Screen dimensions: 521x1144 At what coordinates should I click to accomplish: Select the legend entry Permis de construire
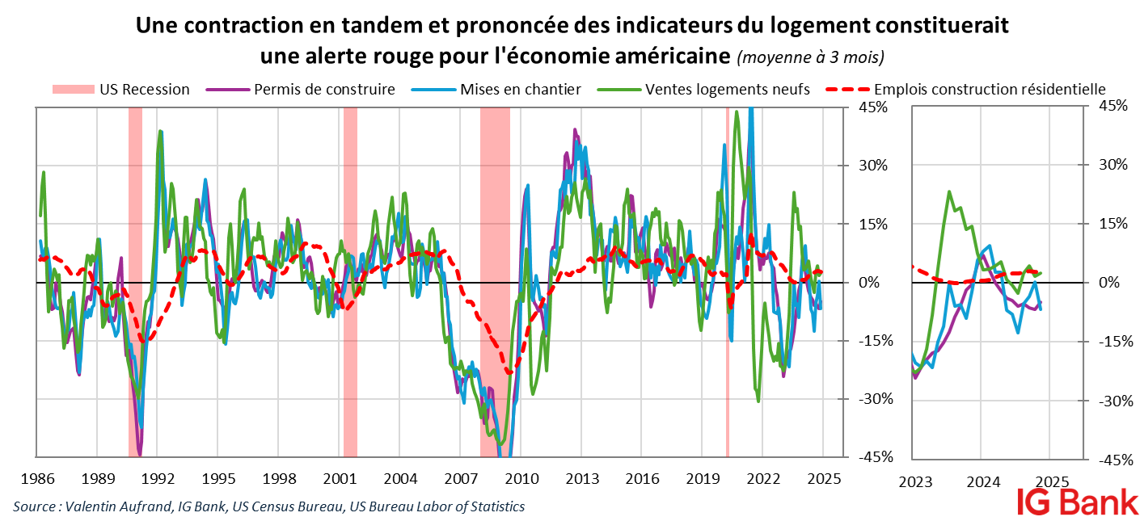click(323, 89)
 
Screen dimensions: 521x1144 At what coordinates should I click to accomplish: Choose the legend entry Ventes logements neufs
click(727, 89)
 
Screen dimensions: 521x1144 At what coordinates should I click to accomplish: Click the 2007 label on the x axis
click(461, 477)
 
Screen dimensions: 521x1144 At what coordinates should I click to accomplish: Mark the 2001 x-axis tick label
click(340, 477)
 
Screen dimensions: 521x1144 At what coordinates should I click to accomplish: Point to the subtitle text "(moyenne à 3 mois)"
click(810, 57)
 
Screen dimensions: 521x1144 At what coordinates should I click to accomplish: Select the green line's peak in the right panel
click(948, 192)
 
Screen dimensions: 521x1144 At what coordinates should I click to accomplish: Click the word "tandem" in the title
click(360, 26)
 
